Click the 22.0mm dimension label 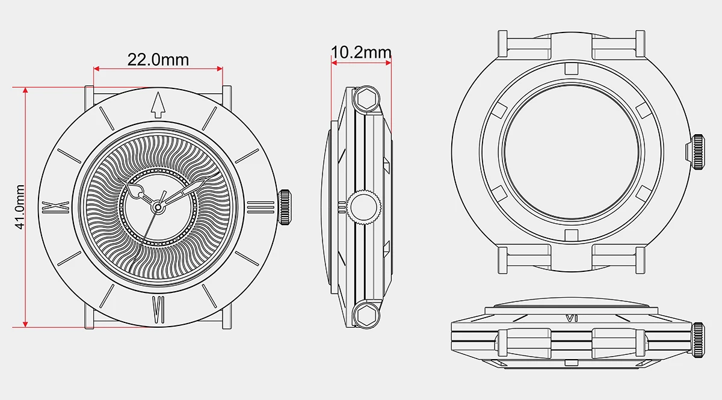[158, 60]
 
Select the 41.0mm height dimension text [20, 208]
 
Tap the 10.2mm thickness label [361, 52]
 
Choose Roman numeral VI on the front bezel [158, 307]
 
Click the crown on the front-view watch [285, 207]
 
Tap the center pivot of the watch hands [158, 207]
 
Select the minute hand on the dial [180, 194]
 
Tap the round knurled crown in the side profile [365, 207]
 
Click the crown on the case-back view [697, 151]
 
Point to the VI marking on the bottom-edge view [572, 318]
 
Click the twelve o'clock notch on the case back [572, 69]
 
